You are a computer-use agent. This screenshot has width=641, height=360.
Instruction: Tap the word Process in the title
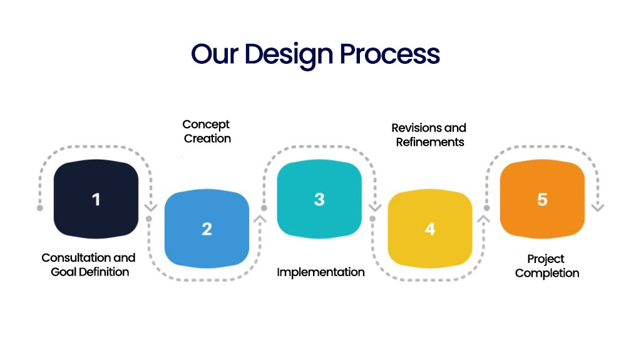pos(389,54)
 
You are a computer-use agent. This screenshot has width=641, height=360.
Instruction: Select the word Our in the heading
pos(215,54)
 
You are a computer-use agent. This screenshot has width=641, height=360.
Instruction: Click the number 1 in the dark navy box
pos(96,199)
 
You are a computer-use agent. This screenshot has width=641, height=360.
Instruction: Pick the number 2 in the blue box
pos(207,229)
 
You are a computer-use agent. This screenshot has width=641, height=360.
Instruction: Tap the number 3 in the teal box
pos(319,199)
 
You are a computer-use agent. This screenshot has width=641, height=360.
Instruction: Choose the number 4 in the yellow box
pos(430,229)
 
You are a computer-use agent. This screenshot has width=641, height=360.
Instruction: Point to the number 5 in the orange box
pos(542,199)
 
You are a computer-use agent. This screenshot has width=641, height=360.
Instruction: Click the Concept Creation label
pos(207,131)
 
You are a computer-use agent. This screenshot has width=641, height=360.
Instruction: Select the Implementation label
pos(320,272)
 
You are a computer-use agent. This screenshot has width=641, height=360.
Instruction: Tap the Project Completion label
pos(546,266)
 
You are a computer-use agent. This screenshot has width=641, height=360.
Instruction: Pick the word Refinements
pos(430,141)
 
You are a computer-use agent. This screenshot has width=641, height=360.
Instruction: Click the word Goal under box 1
pos(63,272)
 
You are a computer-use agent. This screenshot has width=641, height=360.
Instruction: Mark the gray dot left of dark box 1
pos(40,208)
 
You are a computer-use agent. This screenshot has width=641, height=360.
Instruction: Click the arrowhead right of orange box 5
pos(598,207)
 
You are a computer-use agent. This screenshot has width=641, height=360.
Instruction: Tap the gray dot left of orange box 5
pos(486,208)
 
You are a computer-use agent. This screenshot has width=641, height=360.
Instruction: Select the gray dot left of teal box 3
pos(264,208)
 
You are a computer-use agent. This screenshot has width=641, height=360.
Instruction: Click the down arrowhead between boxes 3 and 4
pos(374,207)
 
